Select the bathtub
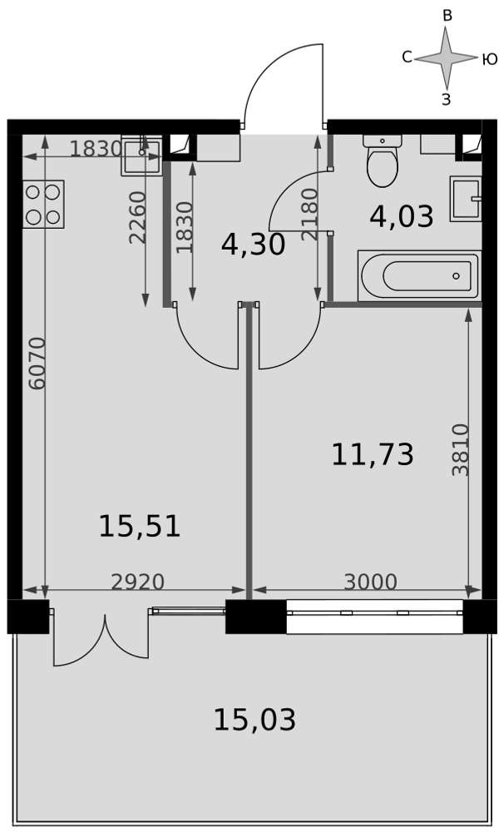pos(419,276)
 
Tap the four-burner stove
pos(43,205)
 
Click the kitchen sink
pos(141,156)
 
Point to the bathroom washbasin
pos(466,199)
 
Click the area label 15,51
pos(140,527)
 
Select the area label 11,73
pos(373,455)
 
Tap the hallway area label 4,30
pos(253,245)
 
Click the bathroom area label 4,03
pos(402,217)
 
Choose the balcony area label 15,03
pos(254,720)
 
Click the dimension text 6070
pos(37,364)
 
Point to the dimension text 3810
pos(461,450)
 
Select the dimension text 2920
pos(138,582)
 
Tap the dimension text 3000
pos(370,582)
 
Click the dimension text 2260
pos(137,217)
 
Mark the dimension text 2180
pos(309,215)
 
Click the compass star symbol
pos(446,58)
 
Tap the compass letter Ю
pos(490,59)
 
